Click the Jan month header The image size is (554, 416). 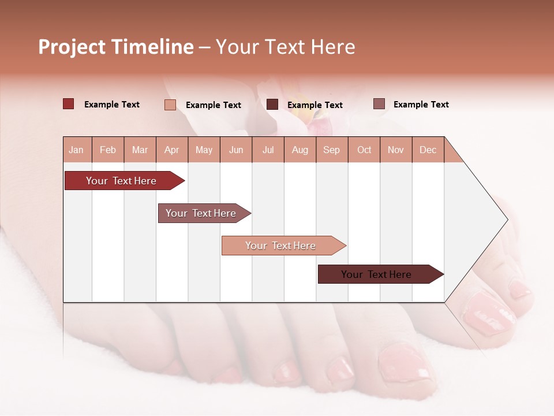(77, 150)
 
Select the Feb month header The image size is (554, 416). (108, 150)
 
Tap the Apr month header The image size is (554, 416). (172, 150)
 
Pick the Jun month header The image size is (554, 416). (236, 150)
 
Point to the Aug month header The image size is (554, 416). (300, 150)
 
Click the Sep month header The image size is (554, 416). (332, 150)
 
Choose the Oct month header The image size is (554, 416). (364, 150)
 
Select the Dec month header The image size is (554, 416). (428, 150)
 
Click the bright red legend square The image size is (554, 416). (69, 104)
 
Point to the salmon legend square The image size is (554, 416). (170, 105)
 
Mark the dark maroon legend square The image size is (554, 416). (272, 105)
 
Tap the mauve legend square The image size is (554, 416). (379, 104)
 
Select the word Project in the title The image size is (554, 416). (72, 47)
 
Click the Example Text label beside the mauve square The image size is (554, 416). (421, 105)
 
